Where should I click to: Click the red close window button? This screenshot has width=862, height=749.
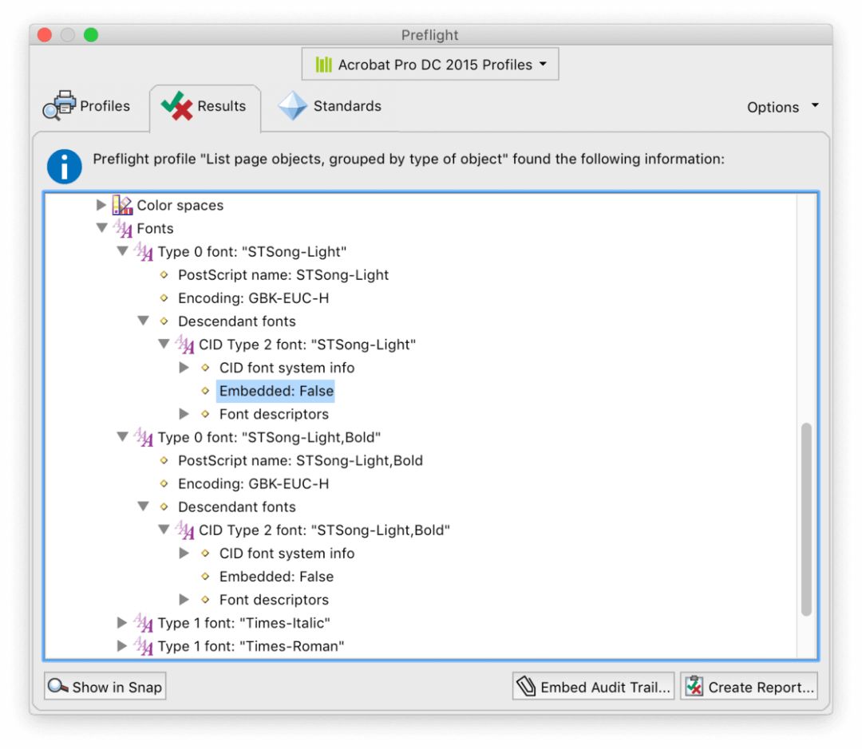[x=45, y=35]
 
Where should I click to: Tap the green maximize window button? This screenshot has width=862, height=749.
[x=91, y=35]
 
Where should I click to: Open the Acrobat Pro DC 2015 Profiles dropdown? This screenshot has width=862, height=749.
[x=430, y=65]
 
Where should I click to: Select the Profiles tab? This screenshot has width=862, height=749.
[x=87, y=105]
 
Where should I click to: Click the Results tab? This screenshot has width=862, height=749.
[x=204, y=106]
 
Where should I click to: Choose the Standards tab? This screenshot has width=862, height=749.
[x=330, y=105]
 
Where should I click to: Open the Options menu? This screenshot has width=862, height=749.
[x=782, y=107]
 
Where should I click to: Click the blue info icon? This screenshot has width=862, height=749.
[x=65, y=167]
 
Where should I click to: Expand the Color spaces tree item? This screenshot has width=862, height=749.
[x=101, y=205]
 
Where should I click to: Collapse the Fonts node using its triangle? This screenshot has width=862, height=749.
[x=101, y=227]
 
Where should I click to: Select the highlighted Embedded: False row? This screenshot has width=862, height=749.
[x=276, y=391]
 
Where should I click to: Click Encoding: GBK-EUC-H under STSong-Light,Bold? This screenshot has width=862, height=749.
[x=254, y=483]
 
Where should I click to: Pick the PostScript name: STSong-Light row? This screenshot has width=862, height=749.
[x=283, y=274]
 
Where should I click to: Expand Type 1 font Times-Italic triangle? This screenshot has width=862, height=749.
[x=122, y=623]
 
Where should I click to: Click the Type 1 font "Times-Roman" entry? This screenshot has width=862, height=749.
[x=251, y=646]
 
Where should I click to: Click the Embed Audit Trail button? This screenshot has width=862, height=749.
[x=593, y=686]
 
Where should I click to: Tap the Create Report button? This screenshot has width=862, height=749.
[x=749, y=686]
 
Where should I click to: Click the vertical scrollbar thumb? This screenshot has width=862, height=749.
[x=806, y=519]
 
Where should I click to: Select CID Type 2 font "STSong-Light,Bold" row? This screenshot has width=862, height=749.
[x=324, y=530]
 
